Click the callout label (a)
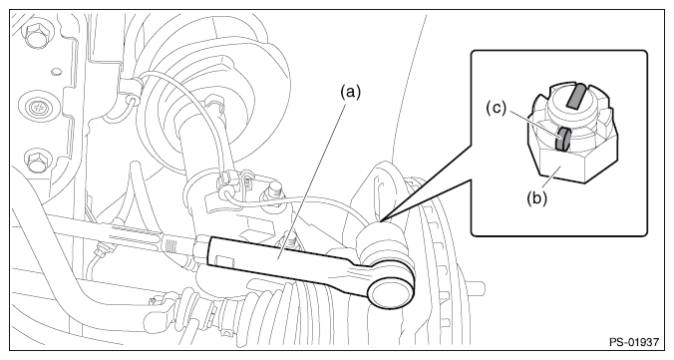[x=350, y=92]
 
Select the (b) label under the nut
[x=536, y=198]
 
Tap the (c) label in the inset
[x=497, y=109]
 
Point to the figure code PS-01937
[x=633, y=342]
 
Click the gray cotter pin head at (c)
[x=562, y=139]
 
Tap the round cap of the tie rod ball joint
[x=392, y=291]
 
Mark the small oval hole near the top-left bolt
[x=56, y=72]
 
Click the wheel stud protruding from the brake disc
[x=477, y=286]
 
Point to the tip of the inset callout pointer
[x=380, y=221]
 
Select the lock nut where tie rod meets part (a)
[x=200, y=250]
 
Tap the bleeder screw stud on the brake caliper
[x=275, y=189]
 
